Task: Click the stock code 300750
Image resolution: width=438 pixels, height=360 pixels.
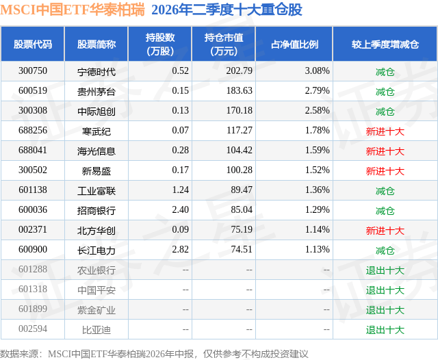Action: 33,71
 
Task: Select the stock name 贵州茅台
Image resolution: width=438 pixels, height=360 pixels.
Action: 96,91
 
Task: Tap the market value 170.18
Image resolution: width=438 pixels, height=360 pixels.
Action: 239,111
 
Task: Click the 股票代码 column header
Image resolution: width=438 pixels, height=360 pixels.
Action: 33,44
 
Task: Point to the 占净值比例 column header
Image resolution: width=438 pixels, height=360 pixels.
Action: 294,44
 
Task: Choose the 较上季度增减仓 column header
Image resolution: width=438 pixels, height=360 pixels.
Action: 385,44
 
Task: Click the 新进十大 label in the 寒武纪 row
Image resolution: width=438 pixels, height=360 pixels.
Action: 385,131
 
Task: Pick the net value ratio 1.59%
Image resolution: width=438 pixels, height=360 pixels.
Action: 318,151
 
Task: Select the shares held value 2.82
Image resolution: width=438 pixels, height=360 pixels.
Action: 181,249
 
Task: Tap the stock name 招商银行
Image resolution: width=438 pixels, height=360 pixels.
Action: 96,210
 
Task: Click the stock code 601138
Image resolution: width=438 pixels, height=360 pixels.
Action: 33,190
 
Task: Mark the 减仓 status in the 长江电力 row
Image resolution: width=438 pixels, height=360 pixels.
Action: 385,250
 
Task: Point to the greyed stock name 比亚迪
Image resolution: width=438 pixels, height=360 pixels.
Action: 96,330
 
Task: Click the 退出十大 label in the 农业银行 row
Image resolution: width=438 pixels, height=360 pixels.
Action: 385,270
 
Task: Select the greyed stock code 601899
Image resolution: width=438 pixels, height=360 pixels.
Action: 33,309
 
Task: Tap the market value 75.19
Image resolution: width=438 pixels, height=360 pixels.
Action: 242,229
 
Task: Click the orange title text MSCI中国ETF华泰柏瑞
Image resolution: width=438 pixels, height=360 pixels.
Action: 73,10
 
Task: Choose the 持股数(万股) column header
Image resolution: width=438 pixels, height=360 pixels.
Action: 160,44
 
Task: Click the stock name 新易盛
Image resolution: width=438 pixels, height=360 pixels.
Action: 96,170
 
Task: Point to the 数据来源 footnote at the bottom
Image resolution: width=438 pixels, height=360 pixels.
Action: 154,354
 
